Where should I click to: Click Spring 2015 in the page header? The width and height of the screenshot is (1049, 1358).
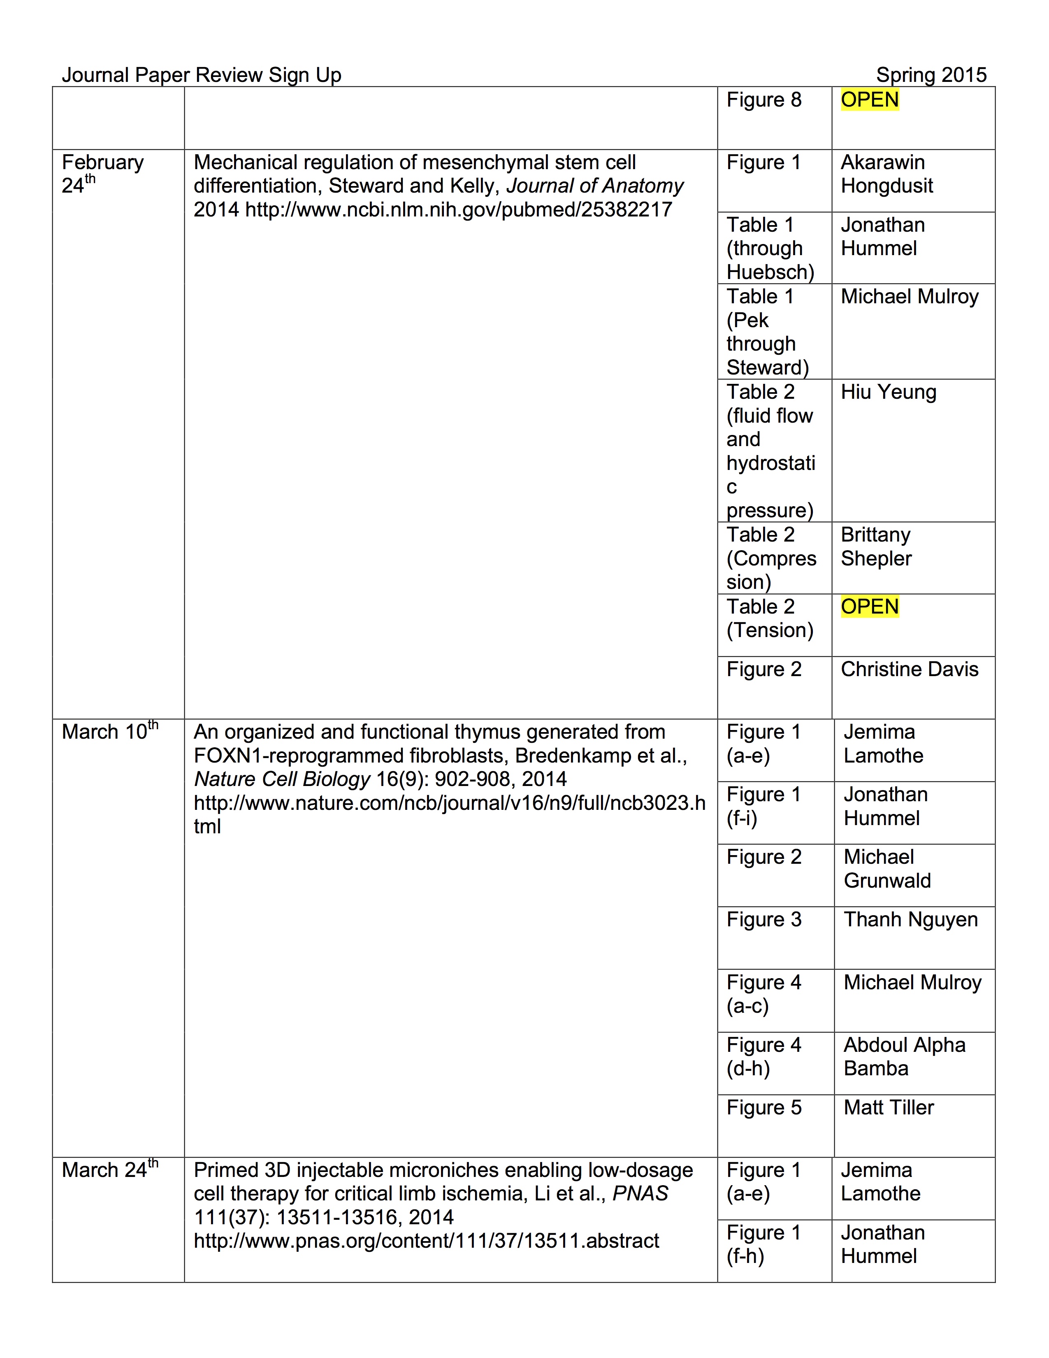point(931,75)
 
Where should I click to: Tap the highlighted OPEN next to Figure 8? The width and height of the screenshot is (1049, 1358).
point(869,100)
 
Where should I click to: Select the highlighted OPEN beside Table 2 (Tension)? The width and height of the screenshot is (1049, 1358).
point(869,606)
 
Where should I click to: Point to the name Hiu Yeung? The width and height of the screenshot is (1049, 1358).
point(888,392)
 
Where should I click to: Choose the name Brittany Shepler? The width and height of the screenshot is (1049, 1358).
point(876,546)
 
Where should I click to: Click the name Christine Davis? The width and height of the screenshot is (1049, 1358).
point(909,669)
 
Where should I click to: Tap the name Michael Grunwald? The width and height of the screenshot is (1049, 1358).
point(887,869)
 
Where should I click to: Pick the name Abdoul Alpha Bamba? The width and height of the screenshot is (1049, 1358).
point(904,1056)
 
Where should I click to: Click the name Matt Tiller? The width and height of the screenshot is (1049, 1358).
point(889,1107)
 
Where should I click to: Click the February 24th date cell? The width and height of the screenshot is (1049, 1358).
point(102,174)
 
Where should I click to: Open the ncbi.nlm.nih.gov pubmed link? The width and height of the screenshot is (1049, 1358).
point(459,209)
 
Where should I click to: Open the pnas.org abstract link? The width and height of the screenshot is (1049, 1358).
point(426,1240)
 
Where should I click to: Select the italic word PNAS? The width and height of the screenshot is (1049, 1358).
point(640,1193)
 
